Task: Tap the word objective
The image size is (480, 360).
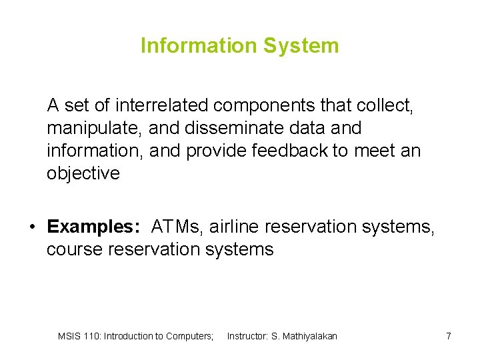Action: click(x=83, y=173)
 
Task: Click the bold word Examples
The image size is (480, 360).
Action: click(x=93, y=227)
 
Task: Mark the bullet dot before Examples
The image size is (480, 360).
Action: click(x=31, y=227)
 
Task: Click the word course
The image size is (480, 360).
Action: click(x=75, y=249)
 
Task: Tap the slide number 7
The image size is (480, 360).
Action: click(x=449, y=336)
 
